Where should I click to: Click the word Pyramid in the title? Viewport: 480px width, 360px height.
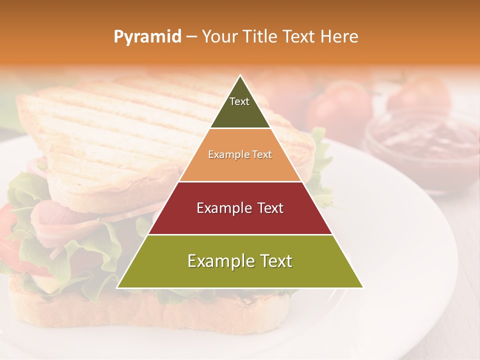click(x=147, y=37)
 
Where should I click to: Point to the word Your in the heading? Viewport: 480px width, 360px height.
click(x=220, y=36)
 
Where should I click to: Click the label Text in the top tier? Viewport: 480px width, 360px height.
click(x=239, y=101)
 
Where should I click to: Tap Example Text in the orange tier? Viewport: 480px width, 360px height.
click(x=240, y=154)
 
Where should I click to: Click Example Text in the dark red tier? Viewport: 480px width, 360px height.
click(x=240, y=208)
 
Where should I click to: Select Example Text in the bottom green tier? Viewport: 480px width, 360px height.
click(x=240, y=261)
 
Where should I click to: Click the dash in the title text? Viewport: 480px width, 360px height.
click(x=191, y=37)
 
